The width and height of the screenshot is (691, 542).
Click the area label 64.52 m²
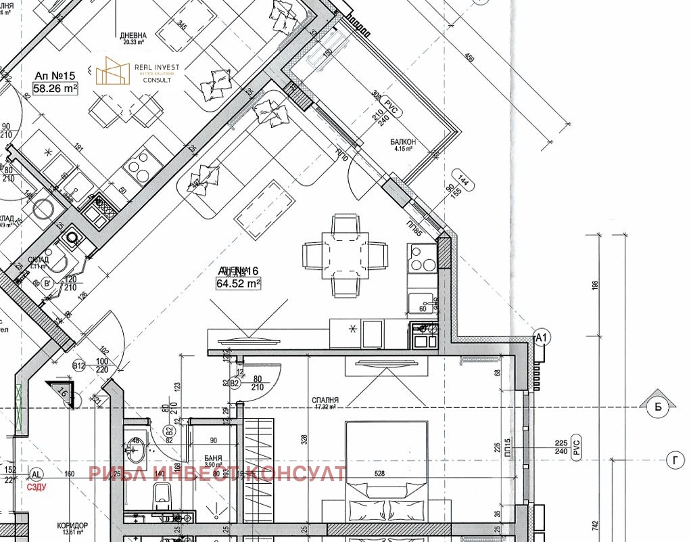(238, 284)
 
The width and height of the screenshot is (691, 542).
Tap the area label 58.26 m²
(55, 87)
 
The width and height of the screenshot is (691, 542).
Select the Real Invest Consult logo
(133, 71)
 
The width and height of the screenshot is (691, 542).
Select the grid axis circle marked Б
(657, 406)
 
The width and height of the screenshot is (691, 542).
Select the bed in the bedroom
(386, 474)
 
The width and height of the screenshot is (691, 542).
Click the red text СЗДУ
(36, 485)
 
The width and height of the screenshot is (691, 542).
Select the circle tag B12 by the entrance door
(79, 366)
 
